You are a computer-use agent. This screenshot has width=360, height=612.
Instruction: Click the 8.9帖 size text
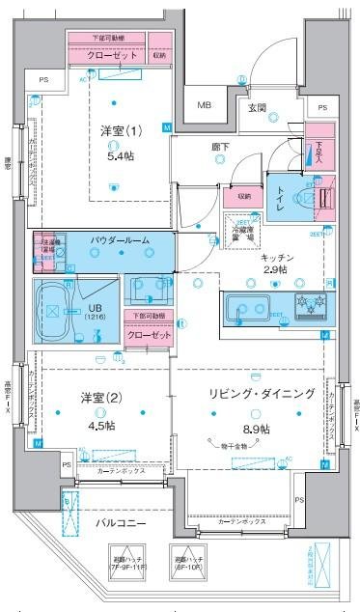(x=256, y=428)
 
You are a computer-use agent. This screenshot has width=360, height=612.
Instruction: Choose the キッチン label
(x=277, y=261)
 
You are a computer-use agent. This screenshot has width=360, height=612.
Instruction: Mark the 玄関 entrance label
(x=257, y=108)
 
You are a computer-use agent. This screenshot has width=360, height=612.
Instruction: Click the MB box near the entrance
(x=206, y=105)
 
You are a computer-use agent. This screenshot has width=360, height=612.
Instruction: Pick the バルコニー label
(x=120, y=523)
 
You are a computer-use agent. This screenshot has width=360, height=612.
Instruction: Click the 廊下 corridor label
(x=222, y=148)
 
